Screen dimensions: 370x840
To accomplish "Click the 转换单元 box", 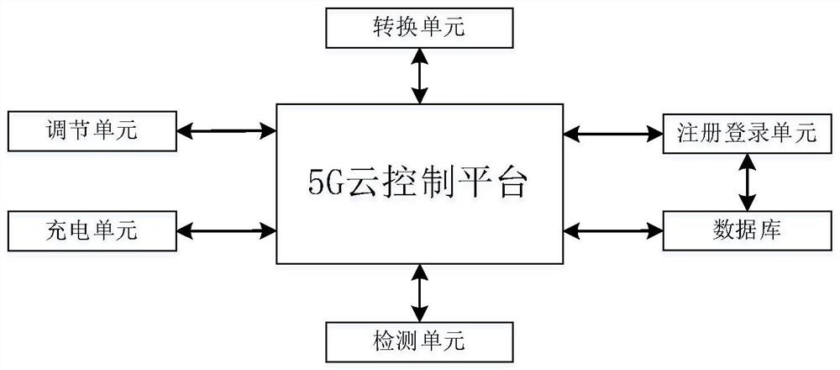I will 418,29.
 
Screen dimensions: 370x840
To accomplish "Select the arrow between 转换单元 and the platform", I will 418,75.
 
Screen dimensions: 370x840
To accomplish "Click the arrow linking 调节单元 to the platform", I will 227,130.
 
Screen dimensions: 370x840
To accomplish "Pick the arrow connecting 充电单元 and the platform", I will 227,229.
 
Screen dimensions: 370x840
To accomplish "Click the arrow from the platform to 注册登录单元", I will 612,132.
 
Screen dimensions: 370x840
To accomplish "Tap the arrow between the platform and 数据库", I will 612,229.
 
